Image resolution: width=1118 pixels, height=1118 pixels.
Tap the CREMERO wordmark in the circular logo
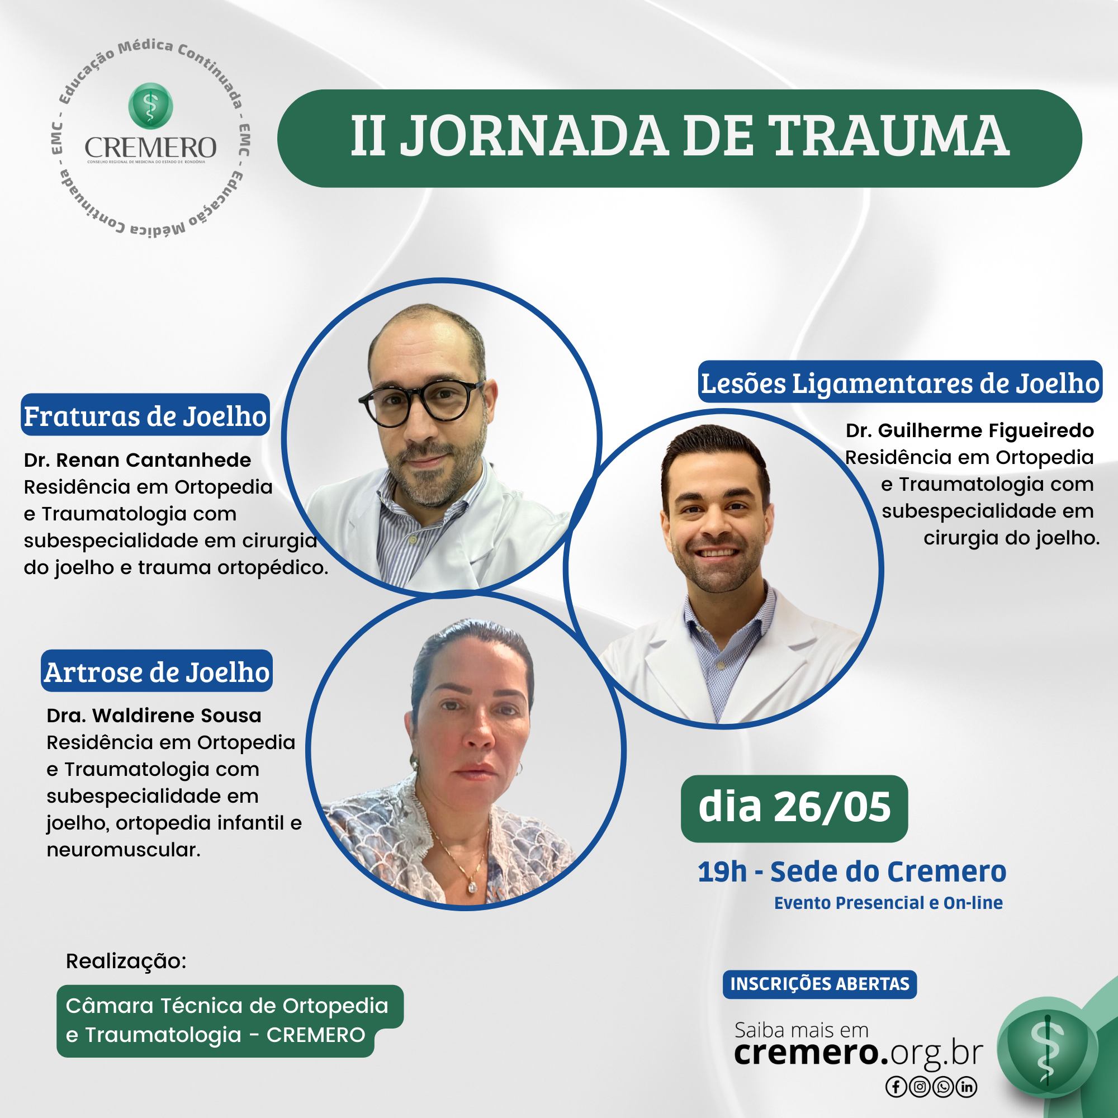(150, 148)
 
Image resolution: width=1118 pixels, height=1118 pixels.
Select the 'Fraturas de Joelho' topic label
(145, 415)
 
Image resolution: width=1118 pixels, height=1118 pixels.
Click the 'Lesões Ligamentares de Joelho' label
(900, 382)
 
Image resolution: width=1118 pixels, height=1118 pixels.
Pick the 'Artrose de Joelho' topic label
(157, 671)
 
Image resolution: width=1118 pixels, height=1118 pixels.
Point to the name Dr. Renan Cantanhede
(138, 460)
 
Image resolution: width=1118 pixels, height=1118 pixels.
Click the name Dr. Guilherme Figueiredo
(970, 430)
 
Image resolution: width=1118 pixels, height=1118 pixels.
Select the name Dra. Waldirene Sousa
(154, 716)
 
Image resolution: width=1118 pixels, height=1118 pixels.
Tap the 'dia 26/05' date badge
(794, 808)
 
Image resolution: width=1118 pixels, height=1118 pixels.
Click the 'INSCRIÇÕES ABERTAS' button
(819, 984)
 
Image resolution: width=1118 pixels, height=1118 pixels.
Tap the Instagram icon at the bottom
(920, 1087)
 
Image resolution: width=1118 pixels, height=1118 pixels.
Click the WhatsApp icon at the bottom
(943, 1087)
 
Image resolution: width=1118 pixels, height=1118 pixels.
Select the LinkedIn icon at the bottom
(967, 1087)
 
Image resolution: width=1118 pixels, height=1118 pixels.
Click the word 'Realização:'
(126, 961)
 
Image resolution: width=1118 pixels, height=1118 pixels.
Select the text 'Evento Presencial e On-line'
(888, 903)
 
